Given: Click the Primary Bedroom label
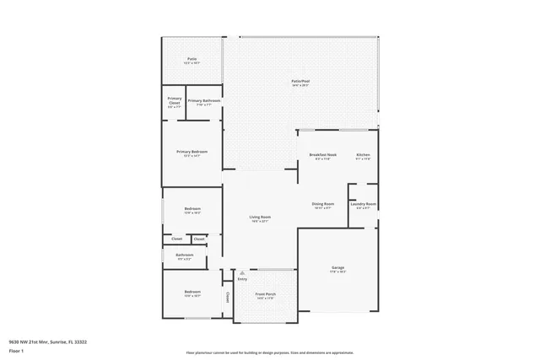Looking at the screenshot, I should (192, 152).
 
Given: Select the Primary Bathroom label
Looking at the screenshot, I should (204, 101).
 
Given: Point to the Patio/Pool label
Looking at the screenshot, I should (300, 82).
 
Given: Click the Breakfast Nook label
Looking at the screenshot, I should (323, 155).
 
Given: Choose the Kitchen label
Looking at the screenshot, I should (363, 155).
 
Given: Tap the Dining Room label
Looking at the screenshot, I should (323, 203).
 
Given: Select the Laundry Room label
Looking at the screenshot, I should (364, 203).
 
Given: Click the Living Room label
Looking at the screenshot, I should (260, 217).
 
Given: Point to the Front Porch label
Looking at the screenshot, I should (266, 293).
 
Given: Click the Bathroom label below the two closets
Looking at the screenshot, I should (184, 255).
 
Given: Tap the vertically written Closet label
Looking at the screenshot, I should (228, 297).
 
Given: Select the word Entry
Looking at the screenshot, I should (242, 279).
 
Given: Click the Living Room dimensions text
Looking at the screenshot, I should (260, 221).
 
